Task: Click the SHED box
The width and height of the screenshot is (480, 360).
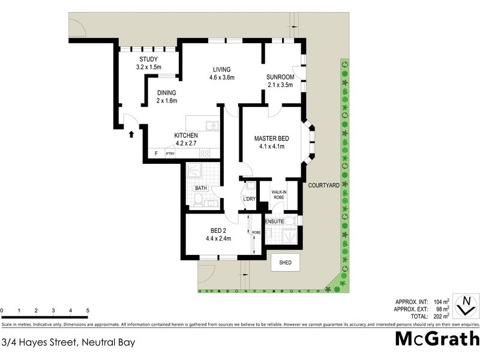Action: (286, 262)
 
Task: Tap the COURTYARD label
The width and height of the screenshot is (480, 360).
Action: (324, 185)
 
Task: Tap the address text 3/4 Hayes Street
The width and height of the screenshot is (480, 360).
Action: (67, 343)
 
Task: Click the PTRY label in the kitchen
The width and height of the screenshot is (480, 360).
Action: (171, 154)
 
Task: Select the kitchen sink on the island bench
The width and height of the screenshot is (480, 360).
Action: (211, 126)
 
